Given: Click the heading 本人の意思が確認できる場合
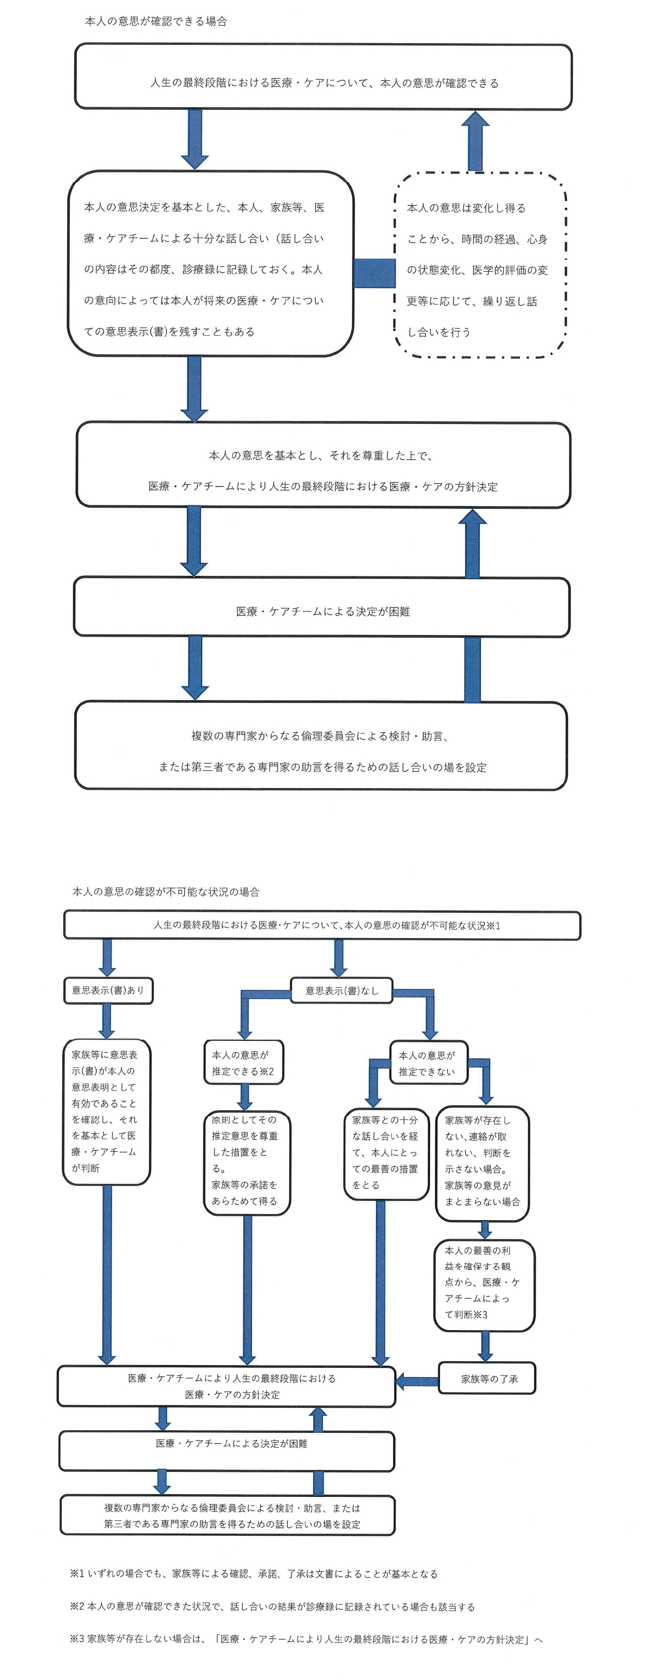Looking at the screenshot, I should (156, 21).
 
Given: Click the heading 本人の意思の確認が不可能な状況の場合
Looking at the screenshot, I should (166, 891).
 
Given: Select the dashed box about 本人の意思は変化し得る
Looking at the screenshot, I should (480, 265).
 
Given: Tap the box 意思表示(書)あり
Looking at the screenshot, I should (108, 990).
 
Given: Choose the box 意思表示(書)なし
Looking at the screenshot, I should (342, 990).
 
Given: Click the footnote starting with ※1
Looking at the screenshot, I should (254, 1573).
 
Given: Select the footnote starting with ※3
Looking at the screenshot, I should (306, 1639).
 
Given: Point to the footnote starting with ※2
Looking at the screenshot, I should (272, 1606).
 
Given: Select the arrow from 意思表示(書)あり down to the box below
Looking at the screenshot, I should (107, 1021).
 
